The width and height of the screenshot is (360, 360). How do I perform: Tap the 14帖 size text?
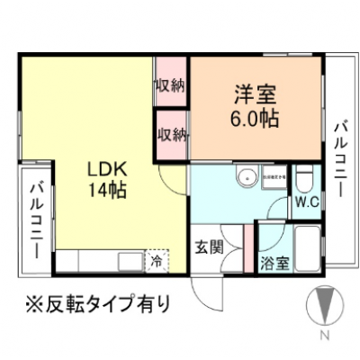[x=105, y=190]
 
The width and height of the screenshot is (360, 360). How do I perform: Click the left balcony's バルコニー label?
[x=39, y=219]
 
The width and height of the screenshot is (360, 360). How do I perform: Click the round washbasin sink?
[x=240, y=178]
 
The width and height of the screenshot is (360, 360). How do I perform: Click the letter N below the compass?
[x=324, y=337]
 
